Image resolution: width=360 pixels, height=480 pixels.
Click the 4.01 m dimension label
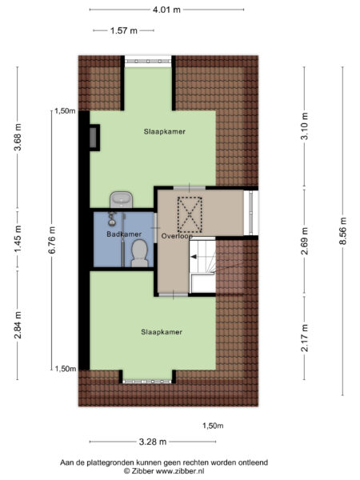(x=166, y=10)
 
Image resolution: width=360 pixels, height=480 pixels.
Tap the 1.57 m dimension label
(x=124, y=30)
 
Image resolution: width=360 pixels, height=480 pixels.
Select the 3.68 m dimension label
(x=18, y=137)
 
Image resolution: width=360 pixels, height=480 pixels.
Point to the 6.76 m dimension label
(x=52, y=240)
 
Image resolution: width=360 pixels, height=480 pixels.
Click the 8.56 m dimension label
(x=342, y=231)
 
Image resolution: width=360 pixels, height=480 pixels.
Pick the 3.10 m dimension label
(x=305, y=126)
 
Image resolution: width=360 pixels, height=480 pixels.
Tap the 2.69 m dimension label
(x=305, y=242)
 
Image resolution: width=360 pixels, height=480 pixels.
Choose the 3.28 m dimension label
(x=153, y=442)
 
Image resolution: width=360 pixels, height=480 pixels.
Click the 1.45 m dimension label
(x=18, y=239)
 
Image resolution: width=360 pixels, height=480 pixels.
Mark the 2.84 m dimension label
(x=18, y=325)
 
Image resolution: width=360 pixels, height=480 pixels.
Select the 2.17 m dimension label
(x=305, y=338)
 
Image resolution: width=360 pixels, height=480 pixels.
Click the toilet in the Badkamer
(x=139, y=254)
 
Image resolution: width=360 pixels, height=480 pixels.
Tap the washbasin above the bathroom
(x=122, y=199)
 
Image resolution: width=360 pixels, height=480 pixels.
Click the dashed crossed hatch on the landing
(x=190, y=214)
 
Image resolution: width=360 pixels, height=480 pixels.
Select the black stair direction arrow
(x=194, y=257)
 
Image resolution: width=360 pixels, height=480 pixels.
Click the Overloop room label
(x=177, y=236)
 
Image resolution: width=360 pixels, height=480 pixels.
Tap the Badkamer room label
(x=124, y=234)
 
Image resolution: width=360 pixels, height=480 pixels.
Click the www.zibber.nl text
(x=180, y=471)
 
